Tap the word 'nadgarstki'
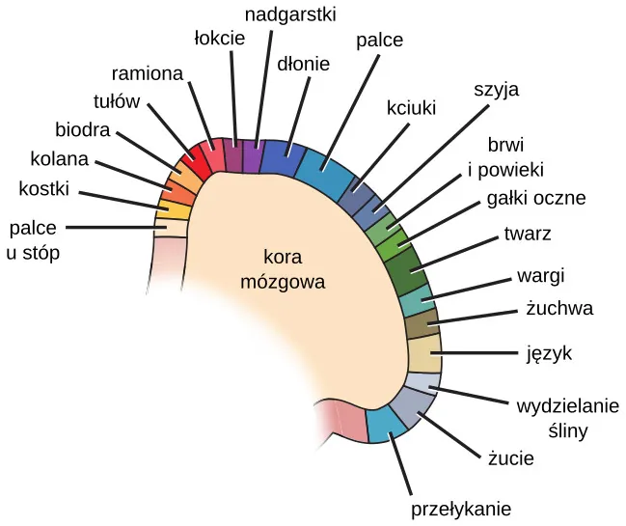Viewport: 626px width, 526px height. (290, 14)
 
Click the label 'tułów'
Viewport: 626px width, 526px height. (117, 101)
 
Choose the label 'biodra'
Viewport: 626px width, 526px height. (82, 129)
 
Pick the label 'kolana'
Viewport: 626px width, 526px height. (59, 158)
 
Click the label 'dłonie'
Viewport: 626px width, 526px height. (303, 65)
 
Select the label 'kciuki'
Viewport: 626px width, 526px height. (413, 105)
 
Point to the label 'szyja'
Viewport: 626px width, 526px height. (497, 90)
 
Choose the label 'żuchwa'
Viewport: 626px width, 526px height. (559, 309)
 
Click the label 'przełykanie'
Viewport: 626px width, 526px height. (461, 510)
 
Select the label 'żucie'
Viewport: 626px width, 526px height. (510, 459)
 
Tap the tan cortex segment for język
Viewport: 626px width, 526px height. (424, 354)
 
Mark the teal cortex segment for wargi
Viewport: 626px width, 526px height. (416, 300)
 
